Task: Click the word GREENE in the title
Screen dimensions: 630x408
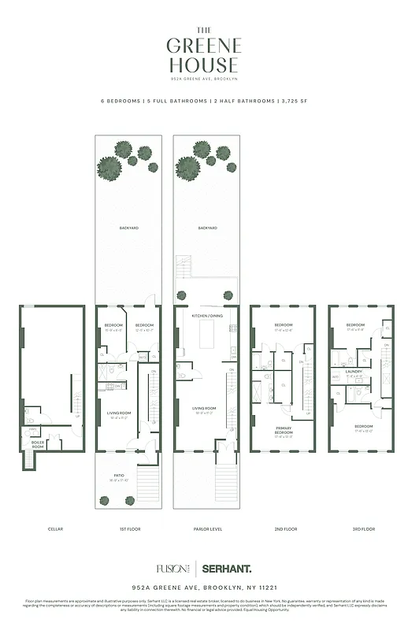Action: (204, 46)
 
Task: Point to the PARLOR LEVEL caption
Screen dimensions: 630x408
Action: (204, 528)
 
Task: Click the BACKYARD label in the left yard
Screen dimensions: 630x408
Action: (128, 228)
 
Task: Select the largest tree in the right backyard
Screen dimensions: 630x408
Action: (187, 167)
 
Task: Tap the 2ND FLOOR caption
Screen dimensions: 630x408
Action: (282, 528)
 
